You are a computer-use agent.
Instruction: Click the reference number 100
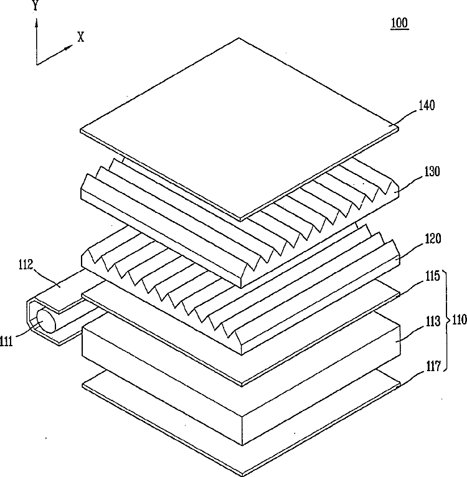400,23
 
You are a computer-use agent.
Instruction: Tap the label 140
427,106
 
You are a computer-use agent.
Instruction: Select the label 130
432,172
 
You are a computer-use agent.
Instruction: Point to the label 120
433,238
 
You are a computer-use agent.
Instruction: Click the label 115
432,276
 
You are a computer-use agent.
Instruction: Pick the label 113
433,321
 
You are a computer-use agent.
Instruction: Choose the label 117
433,366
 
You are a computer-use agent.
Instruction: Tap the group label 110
460,319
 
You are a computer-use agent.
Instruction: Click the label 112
26,265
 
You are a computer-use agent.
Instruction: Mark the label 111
6,342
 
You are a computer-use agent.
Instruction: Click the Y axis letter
35,5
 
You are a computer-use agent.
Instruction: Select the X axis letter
80,37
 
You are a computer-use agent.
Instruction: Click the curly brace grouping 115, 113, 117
446,320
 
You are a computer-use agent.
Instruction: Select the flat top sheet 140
239,128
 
